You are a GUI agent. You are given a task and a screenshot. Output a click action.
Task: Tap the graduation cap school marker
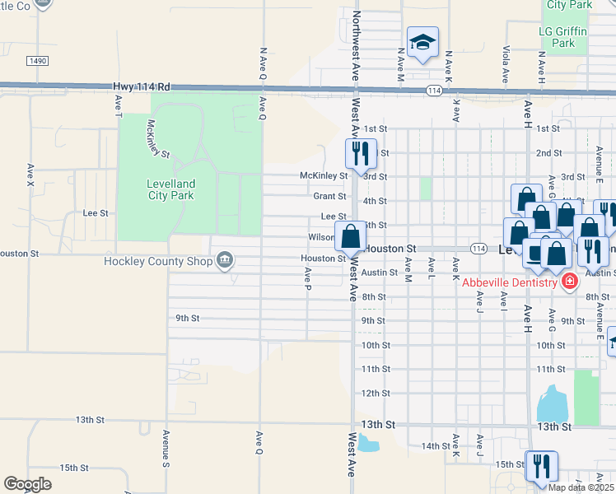coord(422,43)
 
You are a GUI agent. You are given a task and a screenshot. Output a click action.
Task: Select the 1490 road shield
coord(37,61)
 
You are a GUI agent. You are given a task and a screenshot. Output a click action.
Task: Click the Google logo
coord(27,483)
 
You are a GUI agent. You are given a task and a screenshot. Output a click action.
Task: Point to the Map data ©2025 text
coord(581,487)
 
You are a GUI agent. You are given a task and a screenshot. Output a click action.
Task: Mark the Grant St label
coord(329,196)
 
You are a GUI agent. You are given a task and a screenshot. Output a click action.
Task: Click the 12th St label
coord(375,393)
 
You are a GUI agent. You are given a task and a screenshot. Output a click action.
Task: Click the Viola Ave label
coord(506,64)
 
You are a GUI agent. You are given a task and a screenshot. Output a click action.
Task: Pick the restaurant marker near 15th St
coord(542,467)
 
